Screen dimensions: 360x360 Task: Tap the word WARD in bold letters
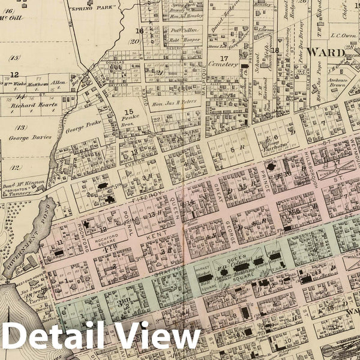[x=325, y=52]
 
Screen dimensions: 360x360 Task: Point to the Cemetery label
[x=223, y=64]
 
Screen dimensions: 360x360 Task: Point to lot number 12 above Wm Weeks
[x=14, y=74]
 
